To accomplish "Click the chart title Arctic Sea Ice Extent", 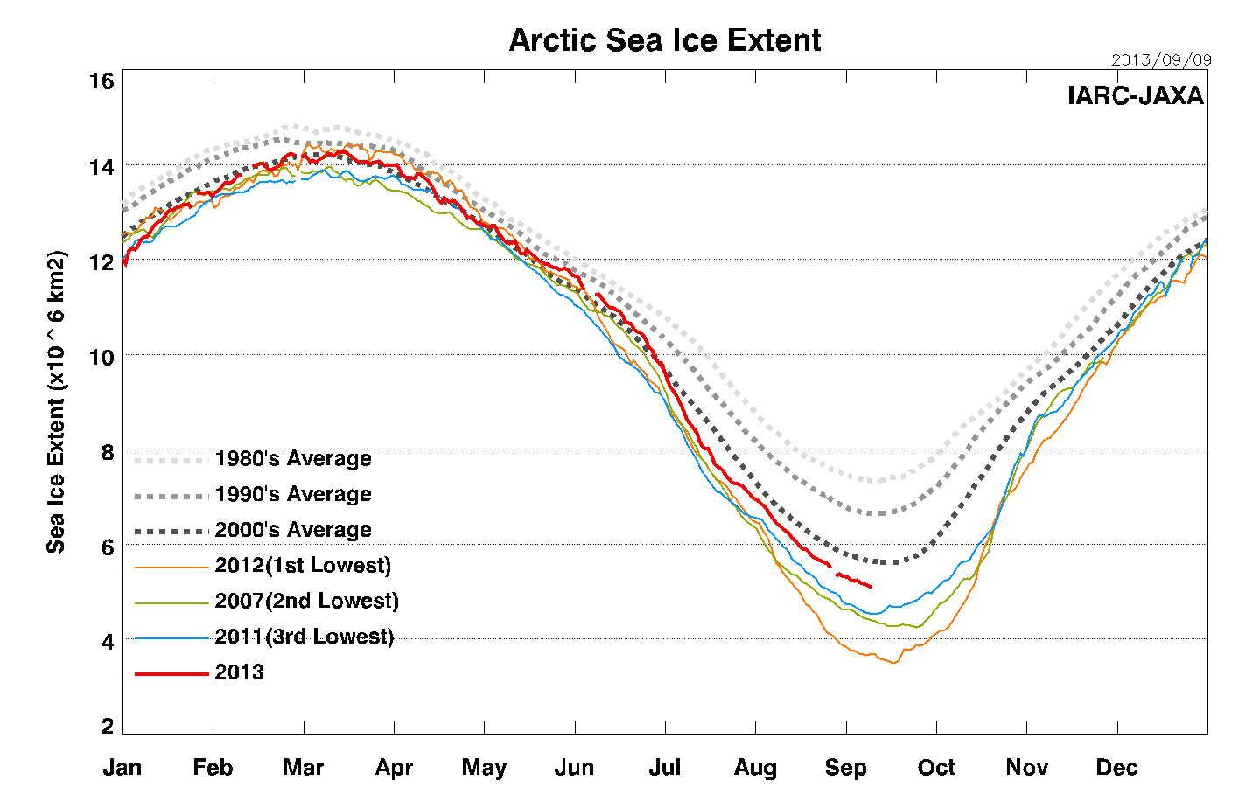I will (x=665, y=40).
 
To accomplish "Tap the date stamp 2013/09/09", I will (x=1161, y=60).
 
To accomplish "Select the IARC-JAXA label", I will (x=1135, y=95).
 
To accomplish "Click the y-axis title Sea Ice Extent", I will (x=56, y=402).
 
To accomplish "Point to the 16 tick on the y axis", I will (x=102, y=81).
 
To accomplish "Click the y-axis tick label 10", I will (x=102, y=357).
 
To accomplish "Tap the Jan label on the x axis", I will (x=122, y=768).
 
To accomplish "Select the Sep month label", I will (x=845, y=768).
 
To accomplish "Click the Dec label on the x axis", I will (x=1116, y=768).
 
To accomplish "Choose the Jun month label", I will (x=574, y=768).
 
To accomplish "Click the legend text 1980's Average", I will (x=293, y=459).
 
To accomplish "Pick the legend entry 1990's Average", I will (x=293, y=495).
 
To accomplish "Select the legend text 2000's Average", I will (x=293, y=530).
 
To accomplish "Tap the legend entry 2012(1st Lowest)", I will (x=303, y=566).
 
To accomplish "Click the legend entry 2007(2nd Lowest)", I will (x=306, y=602).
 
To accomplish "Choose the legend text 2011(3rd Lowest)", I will (x=304, y=637).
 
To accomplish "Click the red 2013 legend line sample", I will (x=171, y=673).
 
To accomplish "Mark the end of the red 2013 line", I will (x=871, y=586).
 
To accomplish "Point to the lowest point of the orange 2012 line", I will (x=893, y=663).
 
